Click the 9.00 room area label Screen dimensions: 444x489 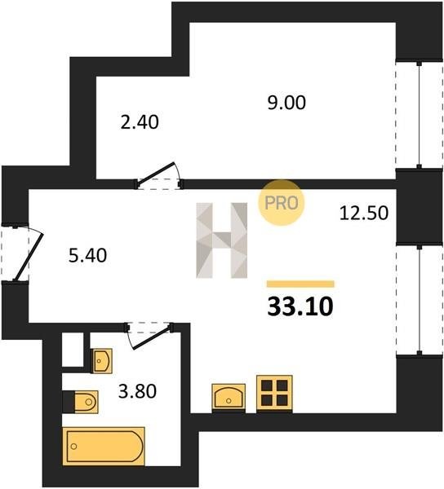(286, 103)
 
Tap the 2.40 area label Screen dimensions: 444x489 (140, 122)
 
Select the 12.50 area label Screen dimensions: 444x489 (364, 214)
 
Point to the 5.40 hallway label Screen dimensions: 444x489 (87, 255)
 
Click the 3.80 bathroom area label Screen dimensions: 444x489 (137, 391)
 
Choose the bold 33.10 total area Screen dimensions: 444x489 (300, 306)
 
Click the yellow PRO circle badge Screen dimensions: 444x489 (281, 203)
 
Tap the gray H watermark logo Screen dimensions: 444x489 (222, 240)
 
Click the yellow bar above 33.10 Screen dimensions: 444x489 (300, 284)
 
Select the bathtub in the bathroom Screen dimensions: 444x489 (104, 447)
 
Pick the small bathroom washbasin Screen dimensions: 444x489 (101, 361)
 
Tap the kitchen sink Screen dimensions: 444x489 (229, 398)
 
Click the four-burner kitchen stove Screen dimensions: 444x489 (274, 394)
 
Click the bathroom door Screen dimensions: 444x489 (149, 335)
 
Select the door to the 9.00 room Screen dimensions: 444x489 (158, 176)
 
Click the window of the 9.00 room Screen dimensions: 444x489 (420, 114)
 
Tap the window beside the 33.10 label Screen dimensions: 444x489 (420, 300)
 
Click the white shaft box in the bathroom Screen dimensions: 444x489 (73, 350)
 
